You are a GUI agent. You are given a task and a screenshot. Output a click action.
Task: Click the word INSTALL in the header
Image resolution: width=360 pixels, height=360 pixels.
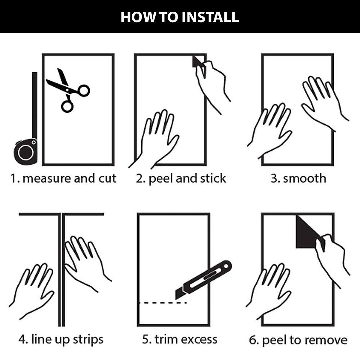pyautogui.click(x=210, y=17)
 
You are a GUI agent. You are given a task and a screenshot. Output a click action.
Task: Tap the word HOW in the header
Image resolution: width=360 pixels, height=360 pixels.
pyautogui.click(x=138, y=17)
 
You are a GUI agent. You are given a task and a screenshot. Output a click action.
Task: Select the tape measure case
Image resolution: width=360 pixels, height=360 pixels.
pyautogui.click(x=25, y=151)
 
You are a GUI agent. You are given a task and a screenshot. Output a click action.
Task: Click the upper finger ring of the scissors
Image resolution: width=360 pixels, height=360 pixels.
pyautogui.click(x=84, y=91)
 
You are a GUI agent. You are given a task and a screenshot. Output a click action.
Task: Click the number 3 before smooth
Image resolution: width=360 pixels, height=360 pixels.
pyautogui.click(x=274, y=178)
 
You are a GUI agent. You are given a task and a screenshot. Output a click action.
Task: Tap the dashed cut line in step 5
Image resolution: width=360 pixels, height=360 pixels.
pyautogui.click(x=163, y=303)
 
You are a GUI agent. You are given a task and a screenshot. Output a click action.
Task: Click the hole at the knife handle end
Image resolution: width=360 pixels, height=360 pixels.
pyautogui.click(x=226, y=266)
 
